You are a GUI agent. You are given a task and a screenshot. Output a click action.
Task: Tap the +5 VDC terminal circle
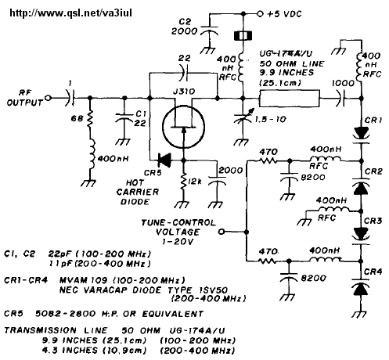point(260,13)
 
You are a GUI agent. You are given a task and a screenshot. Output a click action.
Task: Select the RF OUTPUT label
point(24,98)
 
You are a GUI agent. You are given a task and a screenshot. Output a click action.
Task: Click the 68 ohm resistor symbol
point(90,120)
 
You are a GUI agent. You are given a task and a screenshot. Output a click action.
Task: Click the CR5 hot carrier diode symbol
point(164,160)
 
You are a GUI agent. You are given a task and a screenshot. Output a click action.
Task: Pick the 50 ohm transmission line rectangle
point(290,99)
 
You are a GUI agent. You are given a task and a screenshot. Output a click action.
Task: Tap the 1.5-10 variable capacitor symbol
point(243,118)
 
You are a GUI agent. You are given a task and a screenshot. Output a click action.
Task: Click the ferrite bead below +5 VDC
point(243,36)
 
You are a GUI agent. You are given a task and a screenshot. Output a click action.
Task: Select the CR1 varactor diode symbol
point(362,135)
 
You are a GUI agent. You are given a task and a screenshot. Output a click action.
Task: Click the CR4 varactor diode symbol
point(362,287)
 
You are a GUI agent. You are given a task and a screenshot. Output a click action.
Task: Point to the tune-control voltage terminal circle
point(222,232)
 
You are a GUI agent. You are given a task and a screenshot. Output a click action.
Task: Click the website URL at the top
point(70,13)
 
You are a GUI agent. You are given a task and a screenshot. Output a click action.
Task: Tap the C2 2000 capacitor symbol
point(209,31)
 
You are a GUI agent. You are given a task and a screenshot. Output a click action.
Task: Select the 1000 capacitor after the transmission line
point(341,99)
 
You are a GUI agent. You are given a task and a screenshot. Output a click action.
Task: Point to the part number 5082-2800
point(66,313)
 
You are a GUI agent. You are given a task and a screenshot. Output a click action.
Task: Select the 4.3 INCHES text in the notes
point(70,350)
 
